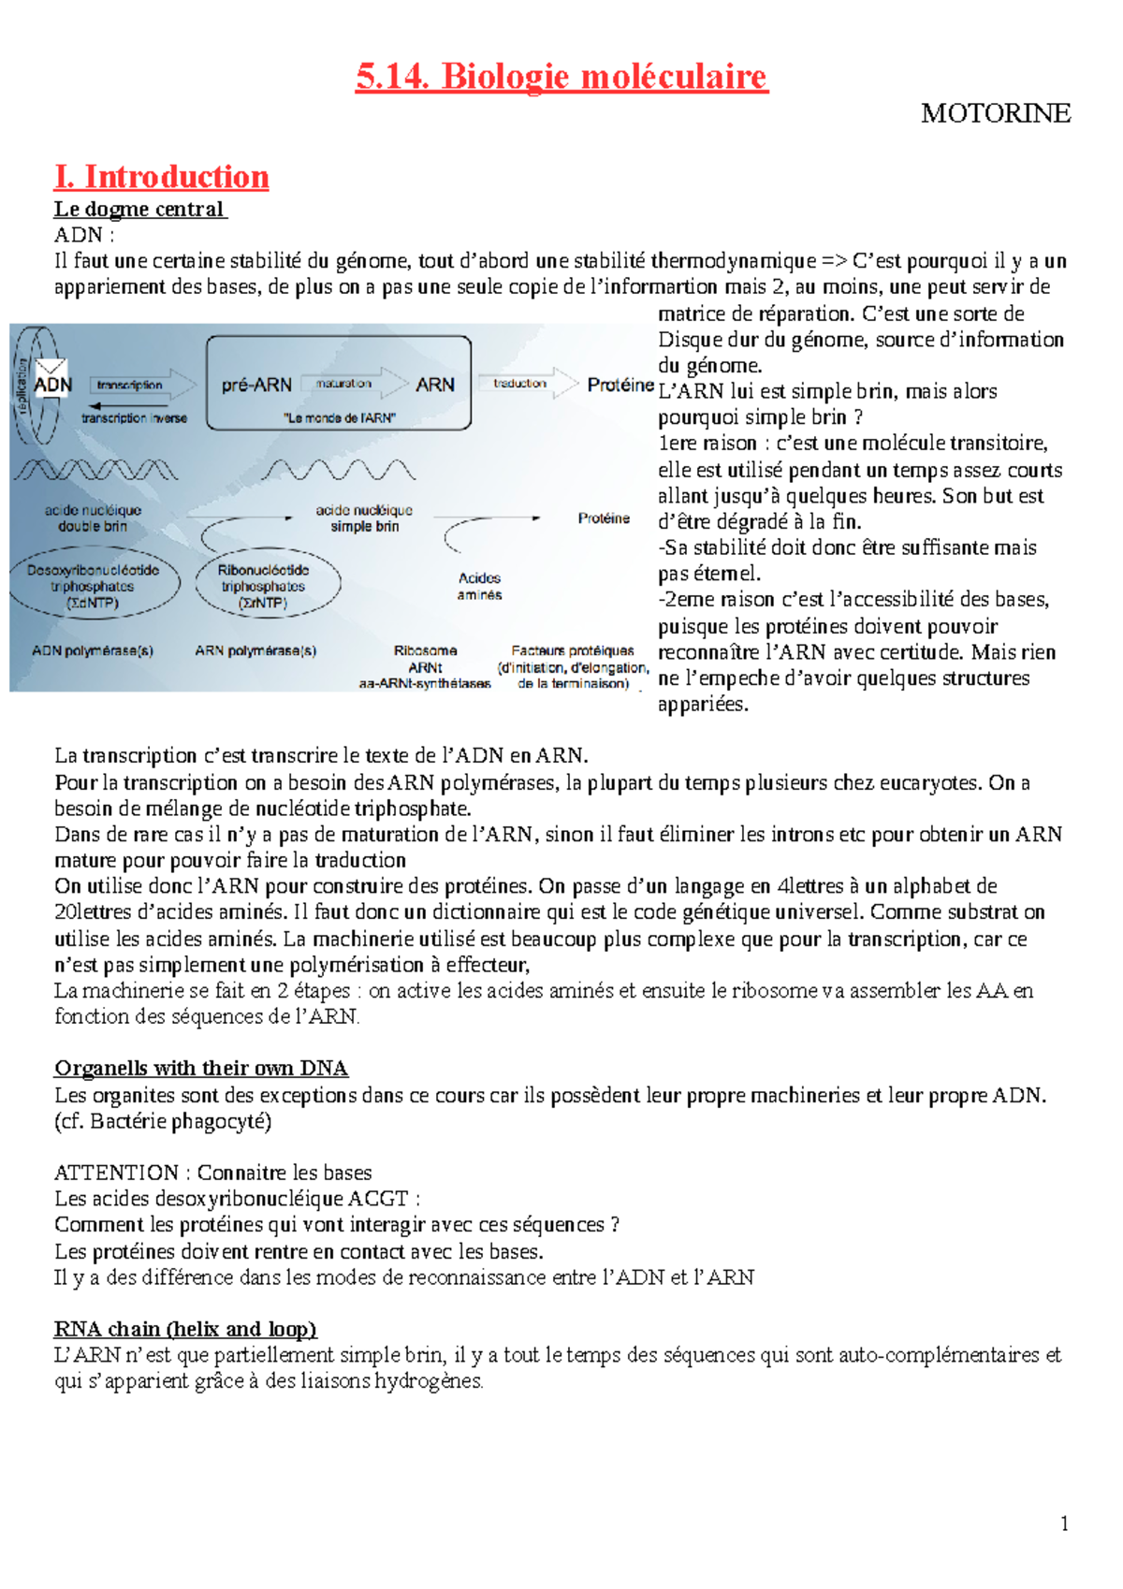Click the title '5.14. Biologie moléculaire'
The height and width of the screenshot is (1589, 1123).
point(561,77)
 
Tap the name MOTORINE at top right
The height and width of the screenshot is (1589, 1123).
point(995,114)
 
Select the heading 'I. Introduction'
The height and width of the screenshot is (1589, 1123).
point(162,177)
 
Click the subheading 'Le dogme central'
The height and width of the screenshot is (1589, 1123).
point(139,209)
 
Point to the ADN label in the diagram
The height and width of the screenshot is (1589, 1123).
point(52,385)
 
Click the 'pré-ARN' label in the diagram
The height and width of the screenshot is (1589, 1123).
point(256,385)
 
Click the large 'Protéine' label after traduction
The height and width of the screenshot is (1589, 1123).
point(620,385)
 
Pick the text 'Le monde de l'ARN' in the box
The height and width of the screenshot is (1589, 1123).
point(339,418)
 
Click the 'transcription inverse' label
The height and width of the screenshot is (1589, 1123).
point(134,418)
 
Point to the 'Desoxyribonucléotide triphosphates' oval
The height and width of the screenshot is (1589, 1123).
point(93,587)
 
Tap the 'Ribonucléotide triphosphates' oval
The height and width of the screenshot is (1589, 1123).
point(264,587)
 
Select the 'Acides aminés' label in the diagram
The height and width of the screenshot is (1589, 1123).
point(479,587)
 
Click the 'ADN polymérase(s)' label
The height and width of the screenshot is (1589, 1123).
point(93,650)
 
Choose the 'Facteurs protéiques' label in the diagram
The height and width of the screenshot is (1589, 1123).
point(573,650)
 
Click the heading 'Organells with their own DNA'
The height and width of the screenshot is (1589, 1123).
point(201,1069)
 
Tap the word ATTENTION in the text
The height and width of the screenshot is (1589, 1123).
point(116,1173)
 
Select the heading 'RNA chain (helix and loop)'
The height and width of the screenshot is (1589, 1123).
point(185,1329)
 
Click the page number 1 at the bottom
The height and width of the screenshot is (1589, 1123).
point(1064,1523)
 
